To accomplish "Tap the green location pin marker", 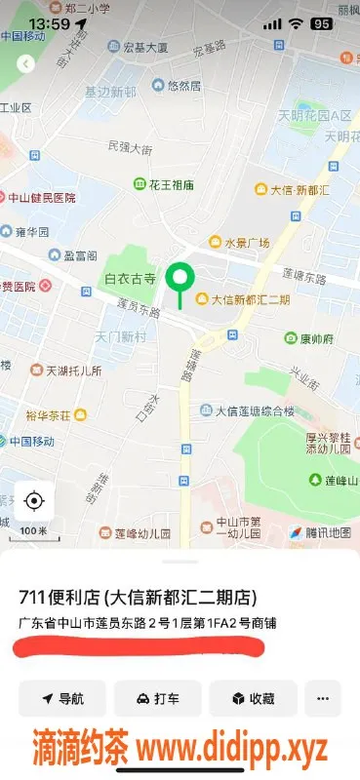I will point(179,280).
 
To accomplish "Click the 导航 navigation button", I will point(62,699).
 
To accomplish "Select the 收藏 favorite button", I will point(254,699).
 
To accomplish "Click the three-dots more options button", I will point(323,699).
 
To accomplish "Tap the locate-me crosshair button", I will point(34,501).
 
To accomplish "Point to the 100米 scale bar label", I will point(33,530).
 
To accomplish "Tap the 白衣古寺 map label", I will point(131,279).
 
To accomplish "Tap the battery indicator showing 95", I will point(321,23).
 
